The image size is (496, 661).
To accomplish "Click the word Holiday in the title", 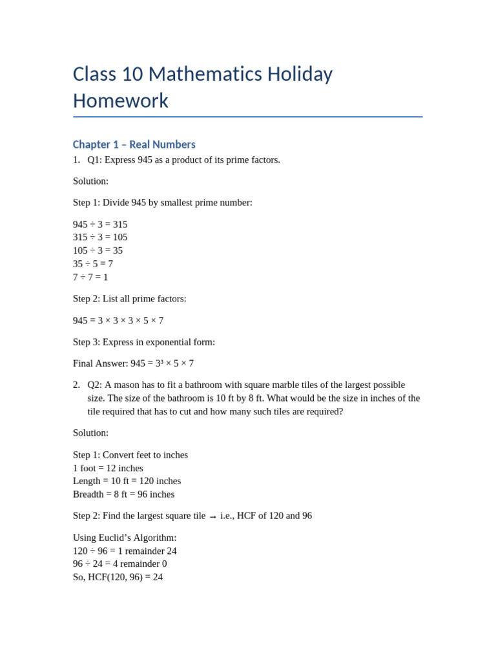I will point(296,74).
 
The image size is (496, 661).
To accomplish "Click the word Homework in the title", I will point(121,101).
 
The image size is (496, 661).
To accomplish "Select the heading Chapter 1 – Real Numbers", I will point(134,145).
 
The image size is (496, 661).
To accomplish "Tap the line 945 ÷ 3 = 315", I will point(100,225).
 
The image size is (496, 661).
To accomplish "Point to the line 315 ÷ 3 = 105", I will point(100,238).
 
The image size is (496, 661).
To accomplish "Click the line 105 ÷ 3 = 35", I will point(98,250).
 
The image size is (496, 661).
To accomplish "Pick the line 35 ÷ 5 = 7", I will point(93,264).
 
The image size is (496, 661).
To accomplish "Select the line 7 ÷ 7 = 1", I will point(90,277).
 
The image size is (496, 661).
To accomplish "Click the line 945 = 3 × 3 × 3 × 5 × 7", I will point(118,321).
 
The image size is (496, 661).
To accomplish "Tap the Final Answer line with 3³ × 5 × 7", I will point(133,363).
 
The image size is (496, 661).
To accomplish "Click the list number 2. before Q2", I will point(76,385).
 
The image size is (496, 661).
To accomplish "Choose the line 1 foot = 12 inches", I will point(108,468).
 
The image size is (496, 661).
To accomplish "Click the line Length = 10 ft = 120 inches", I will point(127,481).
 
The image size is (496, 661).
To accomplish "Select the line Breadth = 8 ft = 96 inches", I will point(123,494).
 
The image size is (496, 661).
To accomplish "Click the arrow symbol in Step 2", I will point(212,516).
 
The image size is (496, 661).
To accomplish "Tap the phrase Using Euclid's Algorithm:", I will point(125,538).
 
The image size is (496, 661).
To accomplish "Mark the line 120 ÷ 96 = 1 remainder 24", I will point(125,551).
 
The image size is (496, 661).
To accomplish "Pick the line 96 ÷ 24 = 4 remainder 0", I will point(120,564).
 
